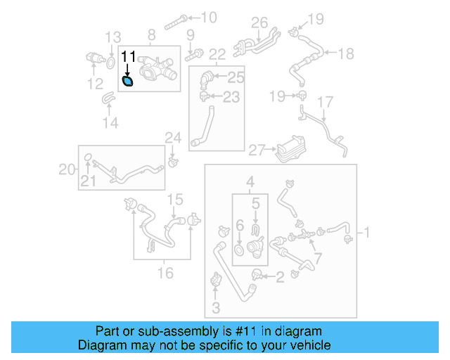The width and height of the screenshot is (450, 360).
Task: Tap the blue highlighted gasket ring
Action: point(129,82)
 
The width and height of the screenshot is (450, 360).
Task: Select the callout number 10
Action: point(210,17)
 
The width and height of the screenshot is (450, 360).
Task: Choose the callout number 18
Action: point(346,53)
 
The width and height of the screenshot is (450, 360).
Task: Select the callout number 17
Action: point(323,103)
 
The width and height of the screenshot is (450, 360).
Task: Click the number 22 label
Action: point(217,53)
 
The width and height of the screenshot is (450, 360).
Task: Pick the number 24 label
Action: point(173,136)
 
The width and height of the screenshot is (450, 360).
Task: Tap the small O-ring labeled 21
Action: point(87,157)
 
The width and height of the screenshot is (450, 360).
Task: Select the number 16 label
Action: point(165,272)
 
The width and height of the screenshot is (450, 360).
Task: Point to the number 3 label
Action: point(215,307)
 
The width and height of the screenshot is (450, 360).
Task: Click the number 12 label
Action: point(94,86)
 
